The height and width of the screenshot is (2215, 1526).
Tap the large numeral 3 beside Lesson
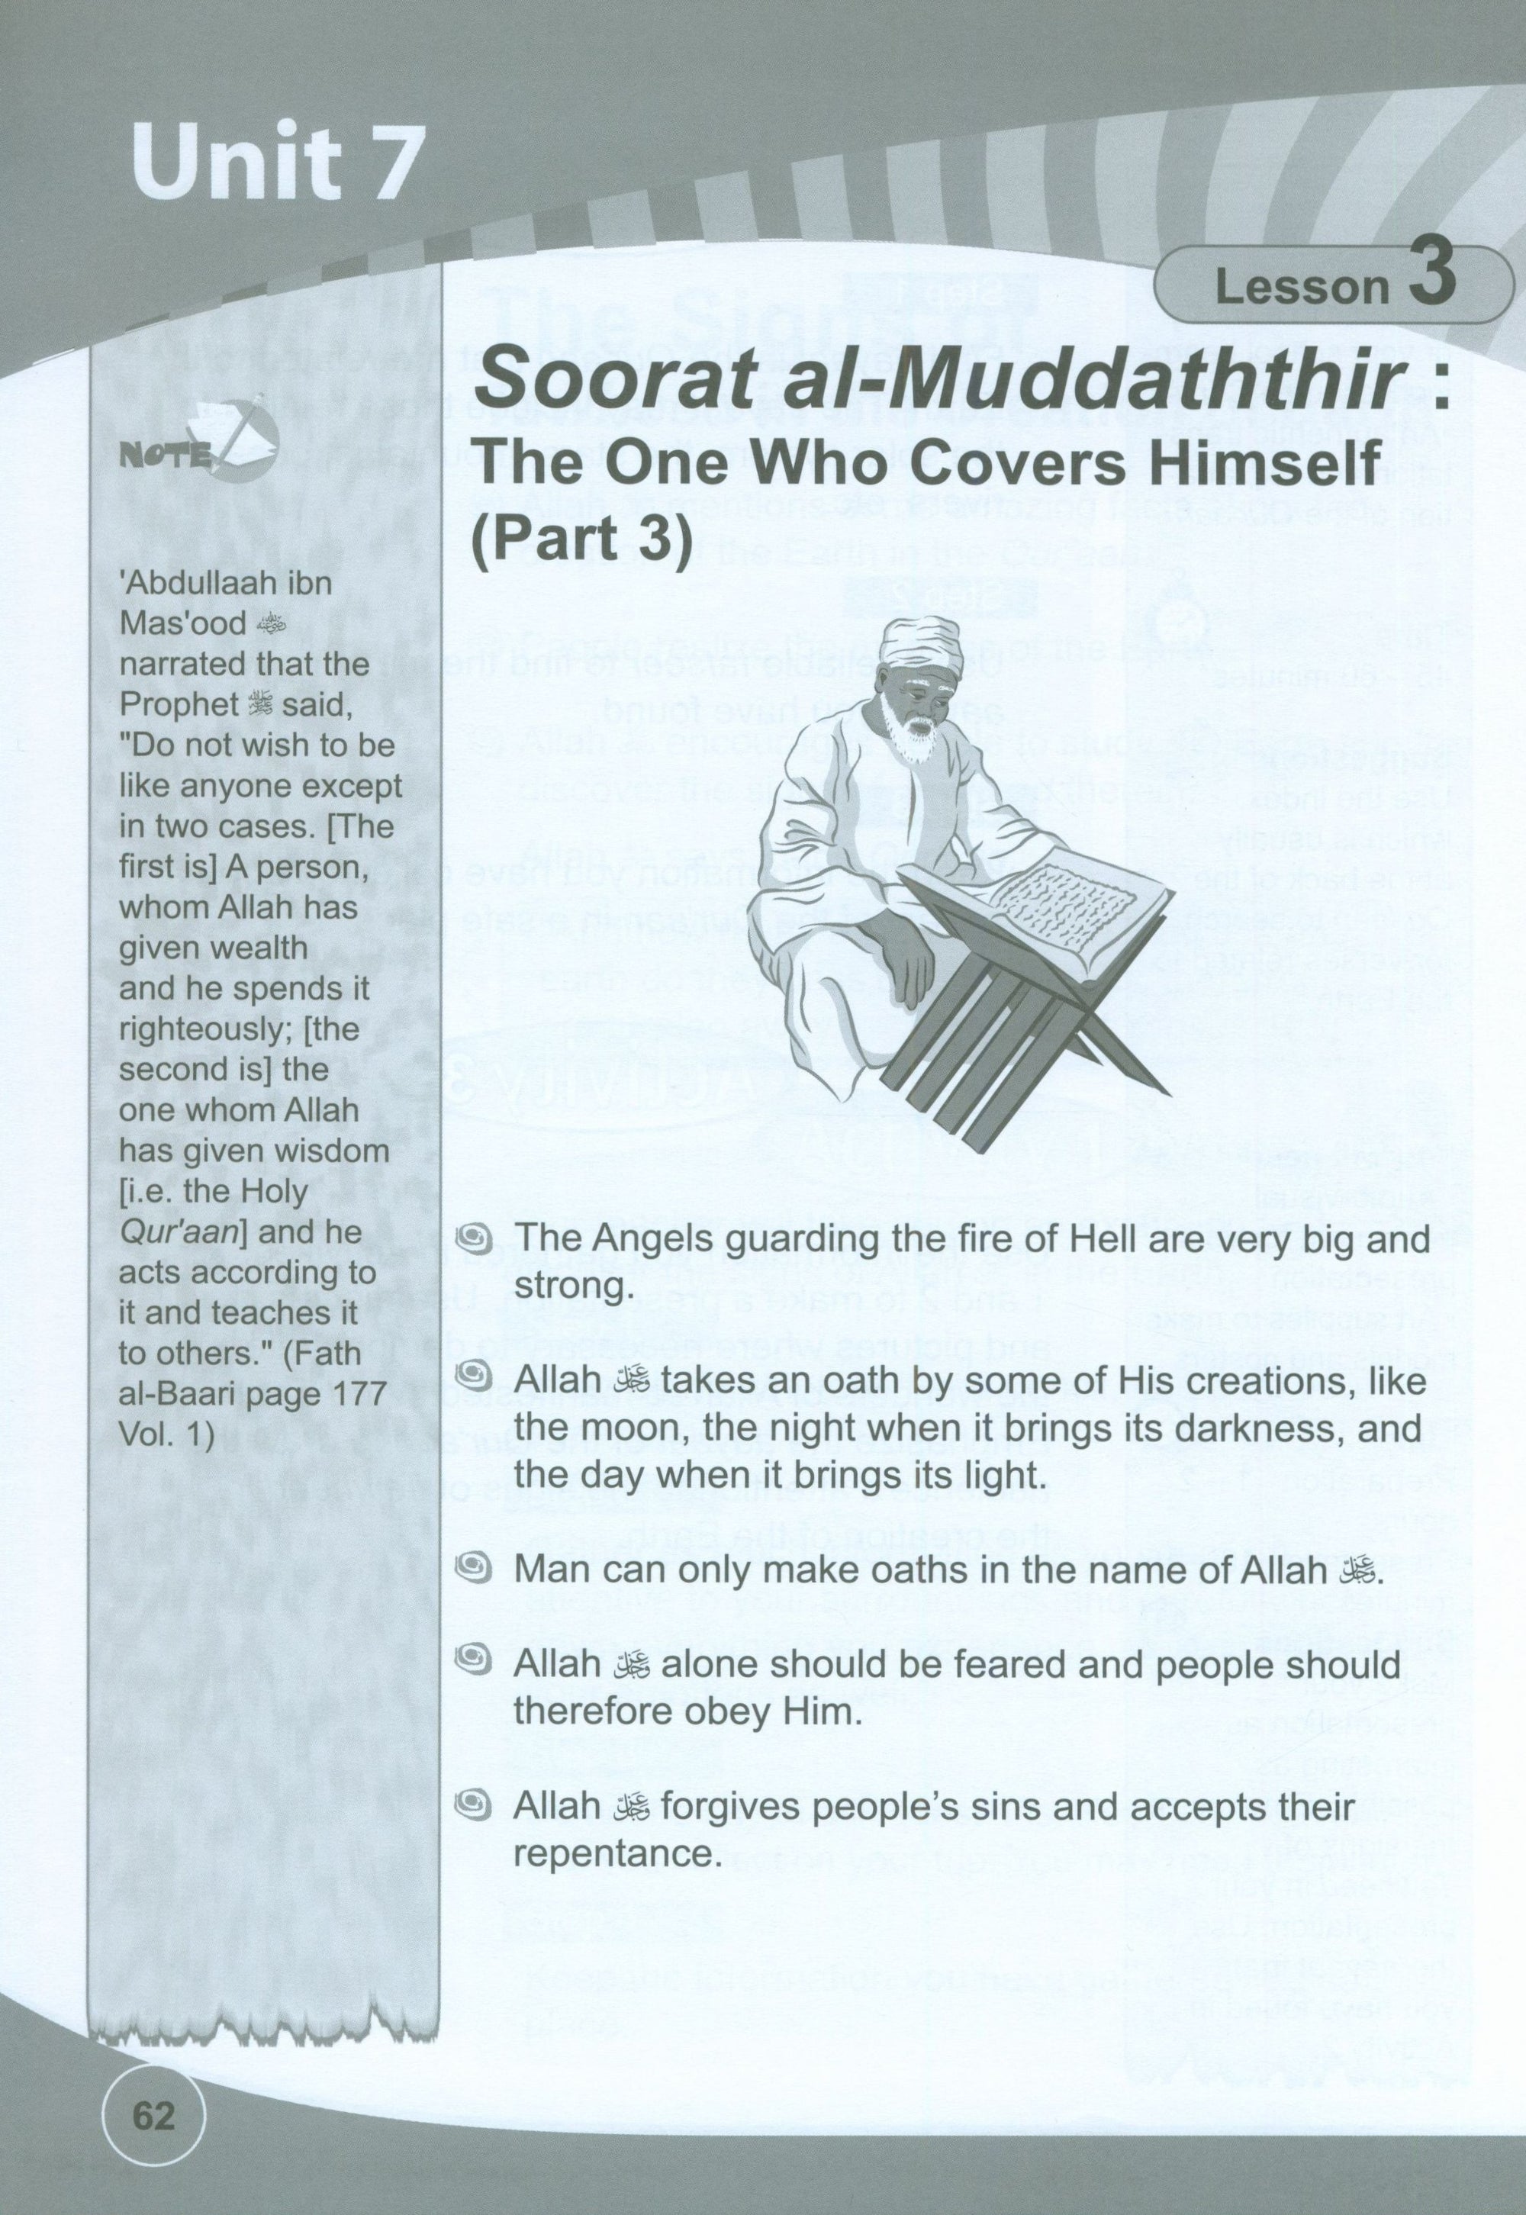tap(1431, 275)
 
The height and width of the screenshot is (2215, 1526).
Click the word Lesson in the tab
tap(1300, 287)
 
